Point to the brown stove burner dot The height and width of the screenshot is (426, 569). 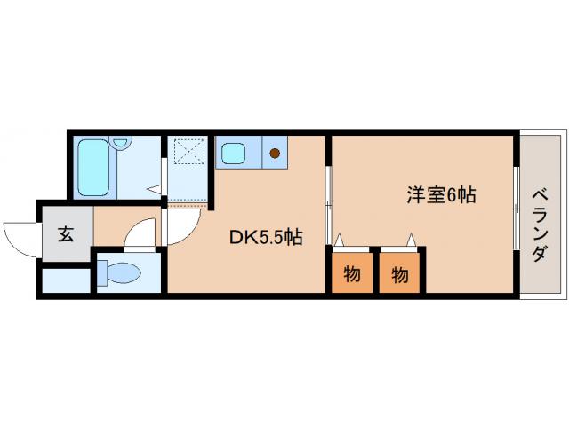click(275, 154)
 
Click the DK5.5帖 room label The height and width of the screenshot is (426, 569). click(267, 237)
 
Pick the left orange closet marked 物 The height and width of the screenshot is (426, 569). click(352, 274)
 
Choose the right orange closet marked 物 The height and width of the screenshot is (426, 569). click(400, 274)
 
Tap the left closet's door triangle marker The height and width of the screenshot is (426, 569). click(339, 239)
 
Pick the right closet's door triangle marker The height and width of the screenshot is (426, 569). click(411, 239)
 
